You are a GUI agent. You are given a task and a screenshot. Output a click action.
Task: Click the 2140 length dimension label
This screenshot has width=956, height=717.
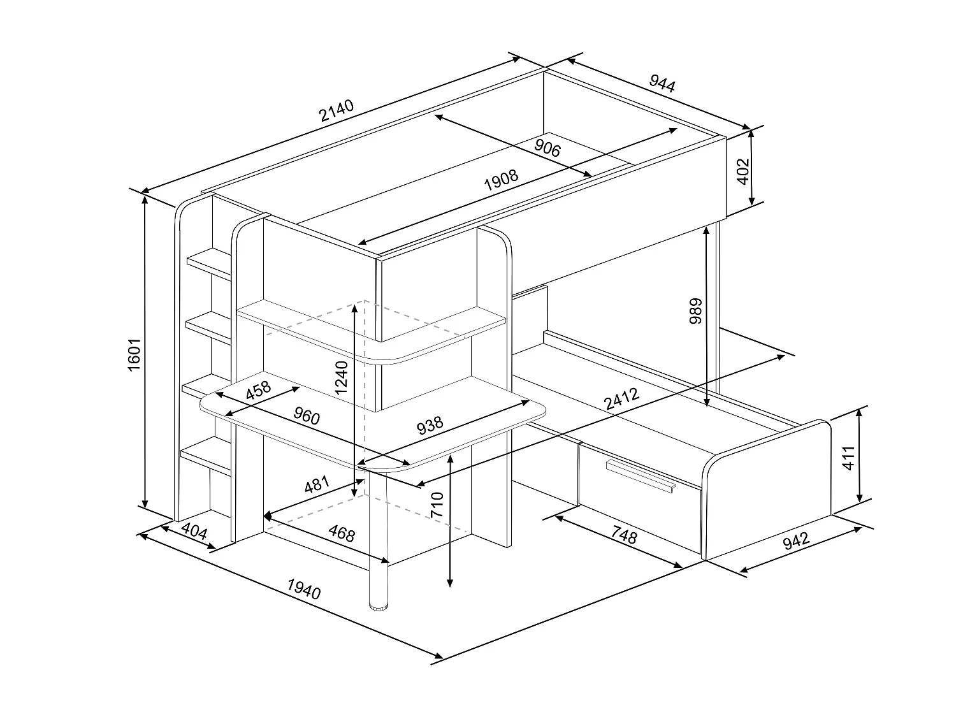pyautogui.click(x=337, y=111)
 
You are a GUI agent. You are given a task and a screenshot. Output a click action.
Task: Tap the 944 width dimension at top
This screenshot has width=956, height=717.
pyautogui.click(x=662, y=83)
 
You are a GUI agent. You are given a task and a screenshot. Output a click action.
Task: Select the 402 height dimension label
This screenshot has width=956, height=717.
pyautogui.click(x=742, y=171)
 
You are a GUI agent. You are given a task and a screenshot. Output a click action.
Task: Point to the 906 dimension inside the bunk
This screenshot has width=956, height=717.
pyautogui.click(x=547, y=148)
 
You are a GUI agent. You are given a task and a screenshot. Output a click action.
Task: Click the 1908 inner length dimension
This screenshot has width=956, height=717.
pyautogui.click(x=501, y=180)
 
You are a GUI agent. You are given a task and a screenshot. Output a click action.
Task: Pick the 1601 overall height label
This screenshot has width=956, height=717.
pyautogui.click(x=134, y=356)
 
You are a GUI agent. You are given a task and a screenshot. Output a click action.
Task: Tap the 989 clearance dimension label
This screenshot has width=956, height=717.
pyautogui.click(x=696, y=310)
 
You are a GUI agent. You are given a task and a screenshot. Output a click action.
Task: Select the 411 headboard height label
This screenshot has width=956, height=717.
pyautogui.click(x=848, y=458)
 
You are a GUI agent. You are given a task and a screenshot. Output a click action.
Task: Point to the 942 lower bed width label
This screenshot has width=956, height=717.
pyautogui.click(x=795, y=541)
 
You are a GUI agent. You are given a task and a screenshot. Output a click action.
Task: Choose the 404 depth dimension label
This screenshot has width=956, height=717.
pyautogui.click(x=194, y=531)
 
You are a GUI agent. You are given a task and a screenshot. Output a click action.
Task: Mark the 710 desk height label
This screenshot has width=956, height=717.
pyautogui.click(x=437, y=504)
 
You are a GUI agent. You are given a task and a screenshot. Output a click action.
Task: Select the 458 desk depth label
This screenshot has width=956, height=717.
pyautogui.click(x=258, y=390)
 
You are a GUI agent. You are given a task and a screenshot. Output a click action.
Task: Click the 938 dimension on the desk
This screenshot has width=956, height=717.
pyautogui.click(x=430, y=424)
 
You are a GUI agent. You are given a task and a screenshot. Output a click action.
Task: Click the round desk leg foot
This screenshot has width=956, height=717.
pyautogui.click(x=379, y=604)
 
